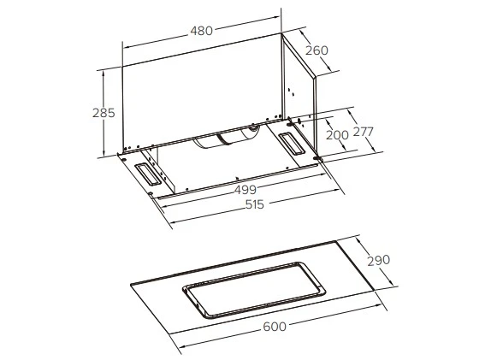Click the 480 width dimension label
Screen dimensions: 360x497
click(x=202, y=32)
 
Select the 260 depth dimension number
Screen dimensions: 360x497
click(x=317, y=50)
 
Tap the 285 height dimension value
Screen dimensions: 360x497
click(x=104, y=113)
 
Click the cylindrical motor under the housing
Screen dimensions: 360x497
click(x=229, y=139)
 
